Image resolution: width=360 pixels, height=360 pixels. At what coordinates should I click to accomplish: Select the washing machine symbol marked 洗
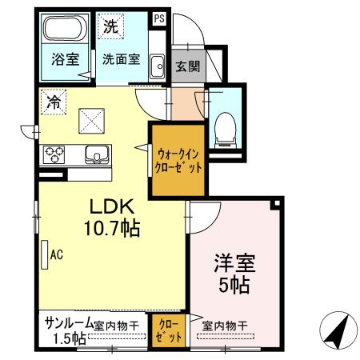click(x=110, y=26)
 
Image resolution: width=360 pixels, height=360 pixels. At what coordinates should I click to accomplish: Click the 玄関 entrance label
click(x=188, y=66)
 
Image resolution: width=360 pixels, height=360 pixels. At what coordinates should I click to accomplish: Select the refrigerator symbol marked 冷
click(x=53, y=102)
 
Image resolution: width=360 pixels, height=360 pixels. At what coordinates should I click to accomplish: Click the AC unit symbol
click(x=44, y=255)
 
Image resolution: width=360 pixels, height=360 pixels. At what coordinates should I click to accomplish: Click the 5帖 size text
click(x=234, y=284)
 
